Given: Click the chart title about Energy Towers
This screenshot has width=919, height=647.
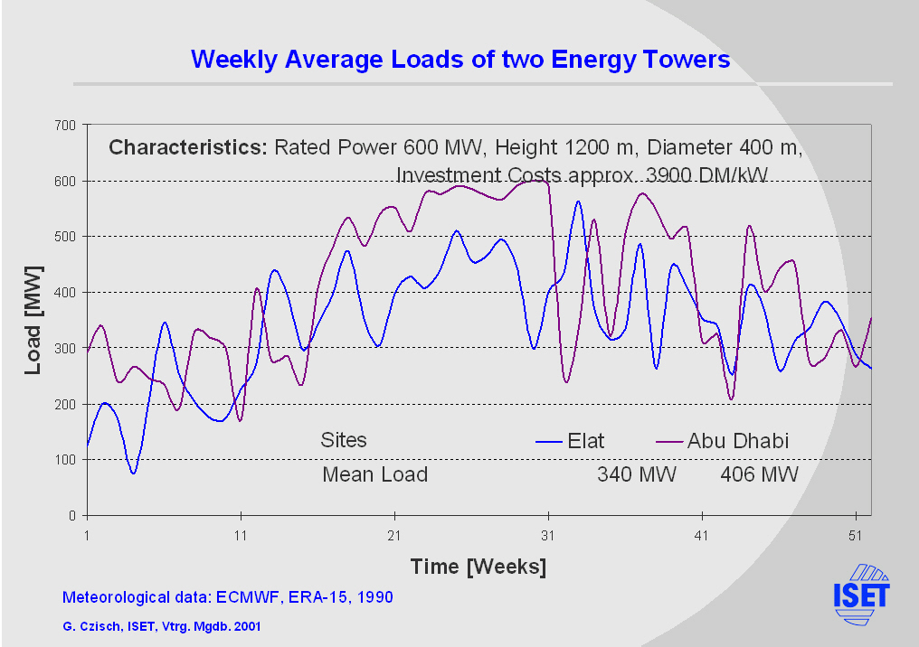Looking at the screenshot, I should [x=459, y=60].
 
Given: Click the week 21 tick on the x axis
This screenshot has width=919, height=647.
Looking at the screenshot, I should [x=394, y=535].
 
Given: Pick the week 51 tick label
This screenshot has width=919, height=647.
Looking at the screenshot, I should [x=856, y=535].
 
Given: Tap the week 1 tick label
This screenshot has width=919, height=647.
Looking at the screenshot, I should [x=87, y=535].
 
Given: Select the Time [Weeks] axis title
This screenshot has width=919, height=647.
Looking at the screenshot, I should [x=478, y=567].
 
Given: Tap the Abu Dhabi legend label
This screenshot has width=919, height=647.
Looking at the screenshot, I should [x=738, y=441].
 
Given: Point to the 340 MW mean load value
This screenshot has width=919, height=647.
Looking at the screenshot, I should [x=636, y=474].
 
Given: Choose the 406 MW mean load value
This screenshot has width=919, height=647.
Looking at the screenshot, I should [x=759, y=474].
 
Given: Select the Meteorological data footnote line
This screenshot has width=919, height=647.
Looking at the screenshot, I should [x=227, y=597].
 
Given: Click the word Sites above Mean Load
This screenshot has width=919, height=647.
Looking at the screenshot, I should [x=344, y=441].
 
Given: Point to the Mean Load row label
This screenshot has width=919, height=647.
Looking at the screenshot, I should [x=374, y=474].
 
